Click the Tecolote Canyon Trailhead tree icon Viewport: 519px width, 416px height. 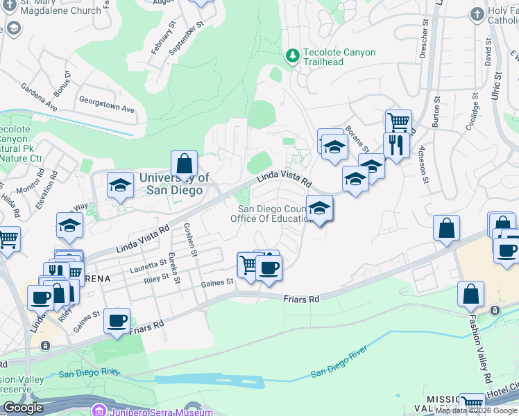coord(293,55)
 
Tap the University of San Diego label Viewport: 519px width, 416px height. coord(174,184)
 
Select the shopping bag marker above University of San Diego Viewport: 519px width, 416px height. coord(184,165)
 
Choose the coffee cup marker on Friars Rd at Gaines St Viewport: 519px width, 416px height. coord(117,321)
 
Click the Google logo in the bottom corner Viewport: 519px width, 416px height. coord(23,408)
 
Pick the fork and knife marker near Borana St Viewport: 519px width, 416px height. coord(396,146)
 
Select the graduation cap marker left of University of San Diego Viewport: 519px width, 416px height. coord(120,186)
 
